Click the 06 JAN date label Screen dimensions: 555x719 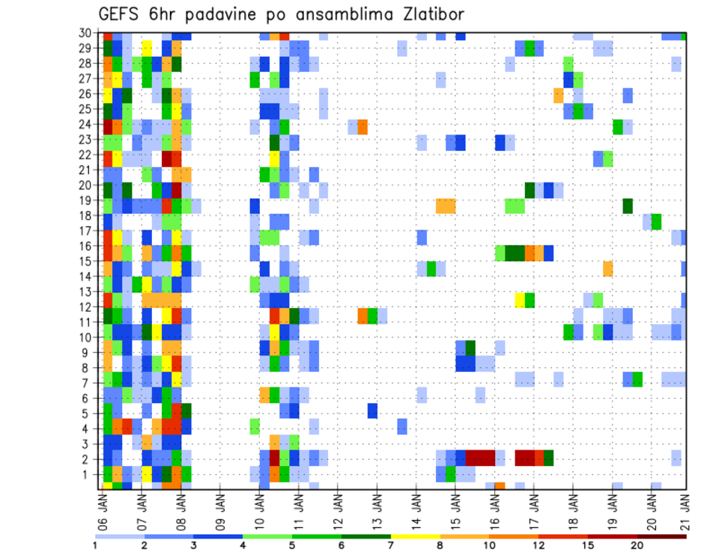coord(103,509)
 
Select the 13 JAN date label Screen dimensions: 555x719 coord(376,509)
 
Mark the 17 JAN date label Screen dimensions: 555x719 coord(532,509)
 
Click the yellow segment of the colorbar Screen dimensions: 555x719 coord(415,536)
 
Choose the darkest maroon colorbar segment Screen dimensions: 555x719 coord(661,536)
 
